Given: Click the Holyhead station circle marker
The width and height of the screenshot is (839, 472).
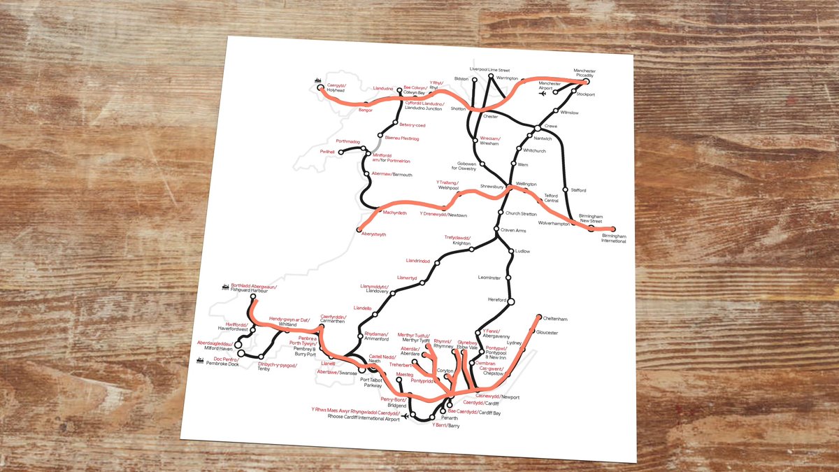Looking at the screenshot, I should (x=321, y=88).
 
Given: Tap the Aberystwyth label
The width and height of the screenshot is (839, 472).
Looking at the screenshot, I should (x=373, y=234).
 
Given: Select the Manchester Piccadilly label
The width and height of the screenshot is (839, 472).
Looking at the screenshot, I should (x=585, y=73).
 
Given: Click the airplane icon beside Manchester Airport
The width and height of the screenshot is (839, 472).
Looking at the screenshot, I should (x=543, y=96).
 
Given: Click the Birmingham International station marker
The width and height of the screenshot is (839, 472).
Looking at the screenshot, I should (x=613, y=229).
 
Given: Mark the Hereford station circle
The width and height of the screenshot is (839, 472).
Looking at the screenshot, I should (x=511, y=301).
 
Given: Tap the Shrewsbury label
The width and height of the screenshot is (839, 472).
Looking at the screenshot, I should (x=492, y=187).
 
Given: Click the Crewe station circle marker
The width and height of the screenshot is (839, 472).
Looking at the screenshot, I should (x=537, y=127).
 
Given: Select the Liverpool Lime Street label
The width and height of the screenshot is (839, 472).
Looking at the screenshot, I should (x=489, y=71).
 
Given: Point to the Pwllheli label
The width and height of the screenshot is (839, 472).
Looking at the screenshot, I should (x=308, y=151).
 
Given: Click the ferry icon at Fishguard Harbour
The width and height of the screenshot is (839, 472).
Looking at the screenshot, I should (x=225, y=286).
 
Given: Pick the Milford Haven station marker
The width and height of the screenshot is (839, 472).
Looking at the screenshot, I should (x=238, y=344).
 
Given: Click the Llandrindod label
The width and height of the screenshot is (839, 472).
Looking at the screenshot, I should (x=417, y=261).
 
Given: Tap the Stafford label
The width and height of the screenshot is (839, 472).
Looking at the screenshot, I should (x=578, y=190).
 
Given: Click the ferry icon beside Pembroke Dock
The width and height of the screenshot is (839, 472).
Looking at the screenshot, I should (x=200, y=361).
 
